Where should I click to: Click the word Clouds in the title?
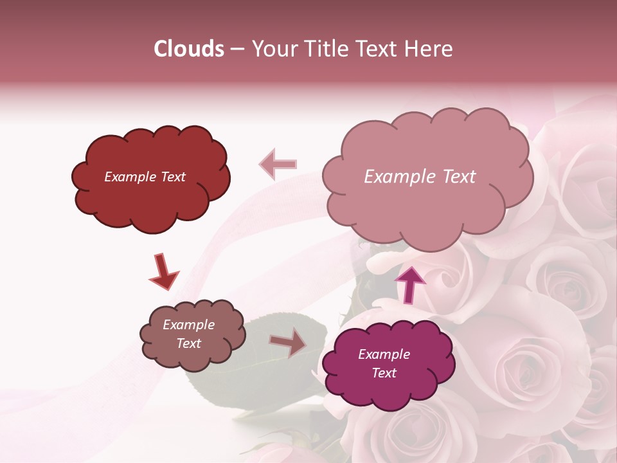pos(188,49)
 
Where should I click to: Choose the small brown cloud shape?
pos(193,360)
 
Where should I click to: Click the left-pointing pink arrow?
pos(278,165)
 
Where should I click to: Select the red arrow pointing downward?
pos(163,272)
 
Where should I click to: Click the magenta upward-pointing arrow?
pos(409,284)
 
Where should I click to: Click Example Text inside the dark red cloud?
pos(145,177)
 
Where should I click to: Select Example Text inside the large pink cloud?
pos(420,177)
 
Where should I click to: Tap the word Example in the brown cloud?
pos(188,325)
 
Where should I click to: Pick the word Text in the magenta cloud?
pos(384,373)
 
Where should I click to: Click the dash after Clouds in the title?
pos(237,50)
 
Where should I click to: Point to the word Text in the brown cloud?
pos(188,343)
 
